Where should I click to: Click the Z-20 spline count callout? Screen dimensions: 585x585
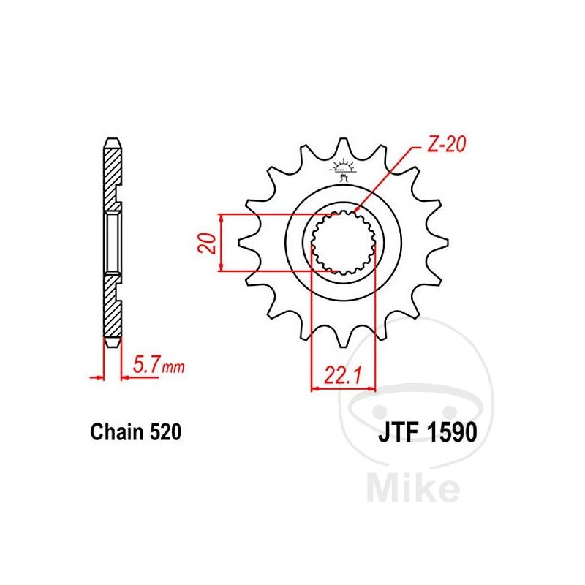pos(446,144)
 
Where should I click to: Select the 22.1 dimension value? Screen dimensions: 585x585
pos(343,375)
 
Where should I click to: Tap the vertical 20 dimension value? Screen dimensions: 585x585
pos(207,244)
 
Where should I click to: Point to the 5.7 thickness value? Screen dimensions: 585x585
pos(146,365)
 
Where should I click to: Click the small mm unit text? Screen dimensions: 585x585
pos(173,368)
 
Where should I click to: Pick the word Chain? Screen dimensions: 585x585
pos(117,432)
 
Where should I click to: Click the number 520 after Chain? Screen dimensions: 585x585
pos(165,432)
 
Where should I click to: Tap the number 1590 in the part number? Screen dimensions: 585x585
pos(451,432)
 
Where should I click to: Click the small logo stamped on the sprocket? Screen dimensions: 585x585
pos(343,170)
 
